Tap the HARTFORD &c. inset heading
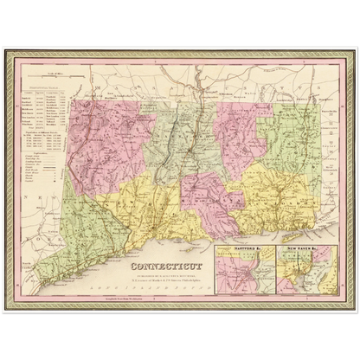(228, 249)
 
